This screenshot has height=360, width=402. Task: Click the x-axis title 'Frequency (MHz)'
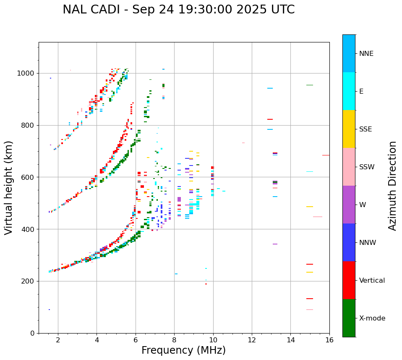(183, 350)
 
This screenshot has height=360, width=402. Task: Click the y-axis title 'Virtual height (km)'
(9, 188)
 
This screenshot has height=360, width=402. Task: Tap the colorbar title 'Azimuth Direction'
(392, 186)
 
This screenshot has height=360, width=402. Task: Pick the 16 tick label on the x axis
(329, 340)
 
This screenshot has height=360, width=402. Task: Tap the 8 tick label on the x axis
(174, 340)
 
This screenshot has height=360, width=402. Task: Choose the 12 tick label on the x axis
(252, 340)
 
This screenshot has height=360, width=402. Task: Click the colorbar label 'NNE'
(366, 54)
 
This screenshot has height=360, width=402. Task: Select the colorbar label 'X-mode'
(372, 318)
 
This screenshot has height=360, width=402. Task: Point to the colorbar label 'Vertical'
(372, 281)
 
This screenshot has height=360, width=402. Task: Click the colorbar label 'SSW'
(367, 167)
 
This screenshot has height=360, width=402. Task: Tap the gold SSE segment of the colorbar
(349, 129)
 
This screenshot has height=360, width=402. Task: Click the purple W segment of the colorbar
(349, 205)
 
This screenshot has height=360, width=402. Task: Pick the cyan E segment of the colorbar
(349, 91)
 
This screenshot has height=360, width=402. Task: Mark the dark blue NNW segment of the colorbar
(349, 242)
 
